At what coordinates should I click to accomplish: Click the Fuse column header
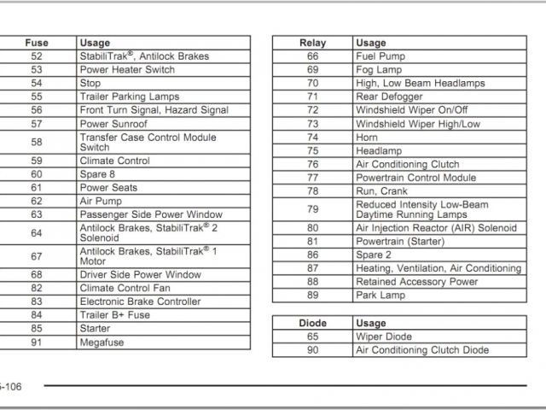(x=37, y=43)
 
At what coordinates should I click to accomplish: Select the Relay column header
(x=312, y=43)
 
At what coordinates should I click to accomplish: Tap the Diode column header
(x=312, y=324)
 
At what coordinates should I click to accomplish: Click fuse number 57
(x=37, y=124)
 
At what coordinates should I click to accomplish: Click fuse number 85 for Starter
(x=37, y=329)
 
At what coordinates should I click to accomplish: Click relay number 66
(x=312, y=56)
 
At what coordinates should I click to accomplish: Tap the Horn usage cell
(x=367, y=138)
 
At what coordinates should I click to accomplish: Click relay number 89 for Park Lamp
(x=312, y=296)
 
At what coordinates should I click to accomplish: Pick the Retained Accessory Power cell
(x=416, y=282)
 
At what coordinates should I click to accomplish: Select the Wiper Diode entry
(x=383, y=337)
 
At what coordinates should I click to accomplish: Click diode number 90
(x=312, y=350)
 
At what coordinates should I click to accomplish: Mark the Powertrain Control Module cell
(x=415, y=178)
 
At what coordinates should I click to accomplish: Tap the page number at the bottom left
(x=10, y=387)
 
